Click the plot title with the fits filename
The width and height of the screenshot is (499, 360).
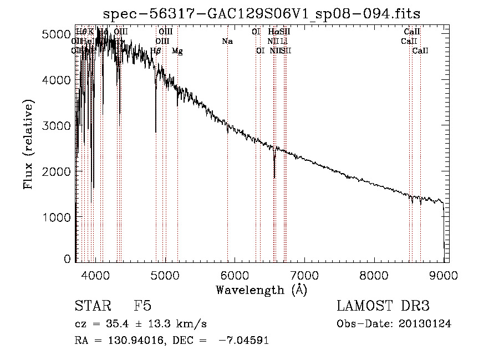(262, 14)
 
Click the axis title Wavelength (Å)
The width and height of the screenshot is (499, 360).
(261, 290)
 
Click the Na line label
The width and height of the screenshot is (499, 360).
(227, 42)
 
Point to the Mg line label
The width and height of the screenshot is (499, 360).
(177, 51)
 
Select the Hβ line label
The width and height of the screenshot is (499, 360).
(156, 51)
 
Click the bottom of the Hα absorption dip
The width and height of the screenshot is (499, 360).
(274, 178)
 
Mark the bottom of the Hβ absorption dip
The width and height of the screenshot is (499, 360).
(156, 132)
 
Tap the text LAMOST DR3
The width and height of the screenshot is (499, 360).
(383, 306)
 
